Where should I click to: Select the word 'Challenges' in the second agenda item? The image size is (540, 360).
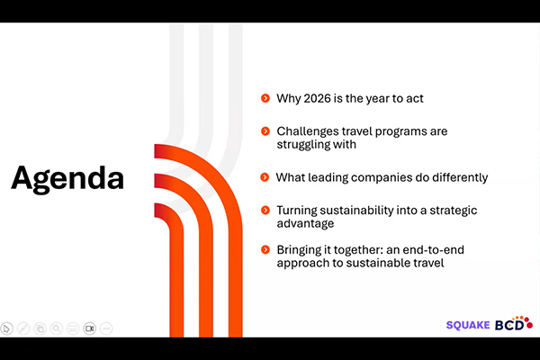(307, 131)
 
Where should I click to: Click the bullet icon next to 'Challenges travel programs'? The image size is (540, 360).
(265, 131)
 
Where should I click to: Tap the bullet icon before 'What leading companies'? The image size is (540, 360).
(265, 177)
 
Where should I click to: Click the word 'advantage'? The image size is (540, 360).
(306, 223)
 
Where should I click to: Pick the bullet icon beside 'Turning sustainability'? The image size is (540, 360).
(265, 210)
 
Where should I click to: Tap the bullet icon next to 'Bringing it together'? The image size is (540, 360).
(265, 249)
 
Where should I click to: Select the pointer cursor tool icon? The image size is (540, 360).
(7, 328)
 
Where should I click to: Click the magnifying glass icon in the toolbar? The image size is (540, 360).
(56, 328)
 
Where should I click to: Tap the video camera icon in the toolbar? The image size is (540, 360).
(89, 328)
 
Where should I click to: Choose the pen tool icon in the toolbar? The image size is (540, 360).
(23, 328)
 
